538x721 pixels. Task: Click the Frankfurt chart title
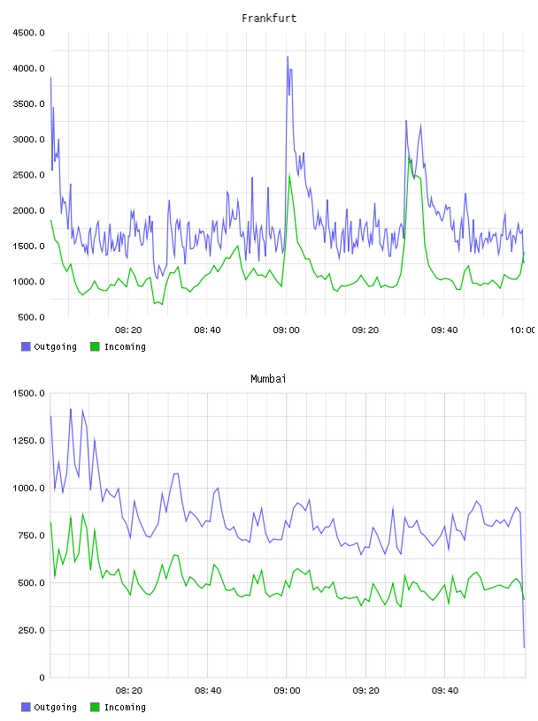tap(269, 19)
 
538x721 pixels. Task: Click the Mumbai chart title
tap(268, 379)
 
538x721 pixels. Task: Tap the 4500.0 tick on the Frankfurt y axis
tap(28, 33)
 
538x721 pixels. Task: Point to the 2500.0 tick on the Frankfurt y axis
tap(28, 175)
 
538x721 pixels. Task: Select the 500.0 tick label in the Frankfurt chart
tap(31, 317)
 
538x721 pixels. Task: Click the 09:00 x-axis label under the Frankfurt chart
tap(286, 330)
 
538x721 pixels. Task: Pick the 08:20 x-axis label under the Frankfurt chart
tap(128, 330)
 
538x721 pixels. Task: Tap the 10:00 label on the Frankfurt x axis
tap(522, 330)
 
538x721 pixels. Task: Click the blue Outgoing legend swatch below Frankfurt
tap(26, 346)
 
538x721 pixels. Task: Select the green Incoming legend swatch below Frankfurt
tap(95, 346)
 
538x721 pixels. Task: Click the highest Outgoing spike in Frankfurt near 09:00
tap(288, 57)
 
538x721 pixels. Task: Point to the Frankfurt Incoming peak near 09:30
tap(409, 157)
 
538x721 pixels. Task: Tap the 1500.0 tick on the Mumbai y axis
tap(28, 393)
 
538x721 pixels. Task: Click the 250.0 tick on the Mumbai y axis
tap(31, 630)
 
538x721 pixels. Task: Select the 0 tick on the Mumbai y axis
tap(42, 678)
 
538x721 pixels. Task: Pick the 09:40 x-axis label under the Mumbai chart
tap(445, 691)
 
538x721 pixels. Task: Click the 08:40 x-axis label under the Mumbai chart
tap(208, 691)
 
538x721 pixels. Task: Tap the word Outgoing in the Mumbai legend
tap(55, 707)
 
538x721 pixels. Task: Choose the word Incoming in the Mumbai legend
tap(125, 707)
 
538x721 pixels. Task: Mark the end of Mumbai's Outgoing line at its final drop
tap(524, 647)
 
